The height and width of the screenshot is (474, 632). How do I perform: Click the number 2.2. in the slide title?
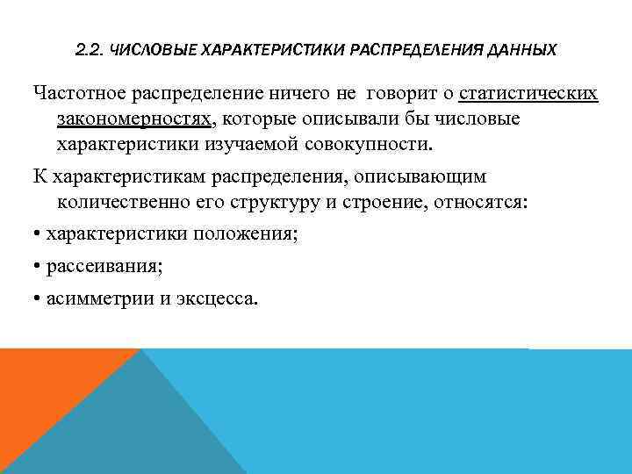click(90, 50)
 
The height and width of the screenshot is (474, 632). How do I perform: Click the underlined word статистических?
click(528, 93)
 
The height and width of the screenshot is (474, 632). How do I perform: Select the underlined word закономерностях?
click(133, 118)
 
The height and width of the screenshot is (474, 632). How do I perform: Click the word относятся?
click(470, 202)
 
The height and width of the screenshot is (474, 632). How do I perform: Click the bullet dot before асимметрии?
click(37, 298)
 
